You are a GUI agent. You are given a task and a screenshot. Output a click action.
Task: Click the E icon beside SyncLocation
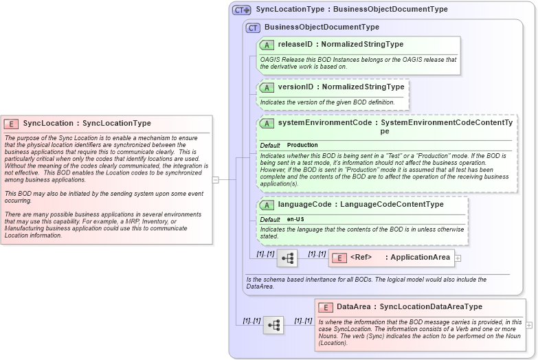pyautogui.click(x=11, y=124)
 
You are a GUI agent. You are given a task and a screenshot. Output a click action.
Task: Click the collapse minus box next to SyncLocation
pyautogui.click(x=215, y=180)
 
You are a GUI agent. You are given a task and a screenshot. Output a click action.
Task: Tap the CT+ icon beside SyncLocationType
pyautogui.click(x=242, y=10)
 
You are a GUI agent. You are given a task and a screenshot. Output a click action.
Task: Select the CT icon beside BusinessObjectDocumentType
pyautogui.click(x=253, y=27)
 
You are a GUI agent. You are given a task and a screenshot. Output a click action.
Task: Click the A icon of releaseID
pyautogui.click(x=267, y=45)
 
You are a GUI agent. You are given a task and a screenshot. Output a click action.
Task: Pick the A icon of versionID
pyautogui.click(x=267, y=87)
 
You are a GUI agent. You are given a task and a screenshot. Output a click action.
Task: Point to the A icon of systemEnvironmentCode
pyautogui.click(x=267, y=123)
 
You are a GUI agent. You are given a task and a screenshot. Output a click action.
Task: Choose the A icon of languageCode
pyautogui.click(x=267, y=205)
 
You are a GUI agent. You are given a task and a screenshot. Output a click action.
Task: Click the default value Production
pyautogui.click(x=302, y=146)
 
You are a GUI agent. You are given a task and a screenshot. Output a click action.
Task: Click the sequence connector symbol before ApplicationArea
pyautogui.click(x=287, y=258)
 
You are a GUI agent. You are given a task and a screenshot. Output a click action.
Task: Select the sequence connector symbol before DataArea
pyautogui.click(x=273, y=325)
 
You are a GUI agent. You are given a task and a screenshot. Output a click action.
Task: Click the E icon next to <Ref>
pyautogui.click(x=339, y=258)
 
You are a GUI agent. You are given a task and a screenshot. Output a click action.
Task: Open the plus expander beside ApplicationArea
pyautogui.click(x=458, y=258)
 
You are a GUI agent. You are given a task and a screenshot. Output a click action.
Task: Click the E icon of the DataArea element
pyautogui.click(x=325, y=307)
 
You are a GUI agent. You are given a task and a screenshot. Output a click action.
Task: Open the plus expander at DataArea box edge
pyautogui.click(x=529, y=325)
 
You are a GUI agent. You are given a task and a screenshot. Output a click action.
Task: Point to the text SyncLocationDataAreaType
pyautogui.click(x=431, y=307)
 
